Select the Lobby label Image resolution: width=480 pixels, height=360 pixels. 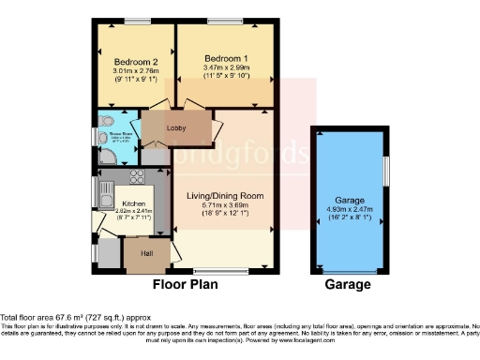(175, 127)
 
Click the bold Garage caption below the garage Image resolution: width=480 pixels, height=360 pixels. (348, 284)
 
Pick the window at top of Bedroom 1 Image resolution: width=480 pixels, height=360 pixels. (224, 21)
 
